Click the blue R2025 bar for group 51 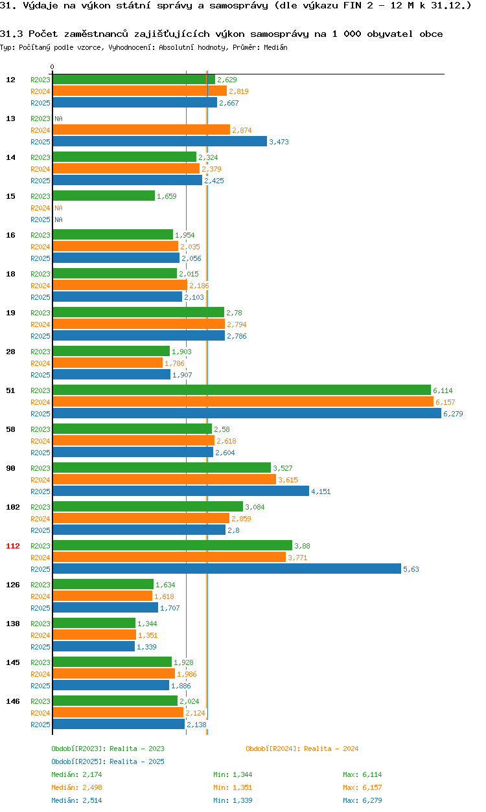click(x=246, y=413)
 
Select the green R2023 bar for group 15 click(x=104, y=196)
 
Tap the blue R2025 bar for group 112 click(x=227, y=569)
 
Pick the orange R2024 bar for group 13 click(x=141, y=130)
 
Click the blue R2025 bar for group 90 click(x=181, y=491)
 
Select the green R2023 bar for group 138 click(x=94, y=623)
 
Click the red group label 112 click(x=13, y=546)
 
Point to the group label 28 click(x=11, y=352)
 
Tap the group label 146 click(x=13, y=701)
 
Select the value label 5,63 click(x=411, y=569)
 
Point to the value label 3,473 click(x=279, y=142)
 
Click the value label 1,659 click(x=167, y=196)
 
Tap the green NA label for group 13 click(x=58, y=118)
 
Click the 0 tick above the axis click(x=52, y=67)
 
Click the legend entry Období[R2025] click(x=79, y=761)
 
